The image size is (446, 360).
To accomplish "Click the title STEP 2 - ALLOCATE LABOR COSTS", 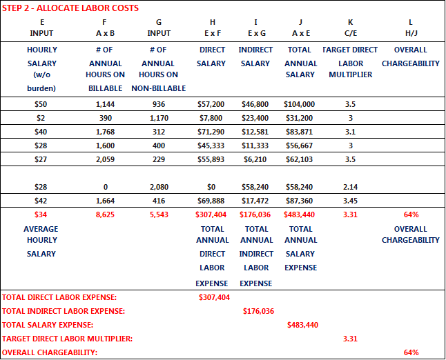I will pyautogui.click(x=70, y=8).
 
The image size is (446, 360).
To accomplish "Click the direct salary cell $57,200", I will pyautogui.click(x=211, y=104).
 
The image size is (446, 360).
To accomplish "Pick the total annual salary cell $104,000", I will pyautogui.click(x=299, y=104).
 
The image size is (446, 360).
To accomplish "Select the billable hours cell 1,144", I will pyautogui.click(x=106, y=104).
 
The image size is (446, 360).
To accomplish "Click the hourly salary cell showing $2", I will pyautogui.click(x=41, y=118).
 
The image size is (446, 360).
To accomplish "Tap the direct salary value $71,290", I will pyautogui.click(x=211, y=132).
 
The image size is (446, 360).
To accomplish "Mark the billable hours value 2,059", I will pyautogui.click(x=106, y=159).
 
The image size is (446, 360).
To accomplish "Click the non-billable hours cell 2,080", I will pyautogui.click(x=159, y=187).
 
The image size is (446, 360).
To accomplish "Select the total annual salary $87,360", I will pyautogui.click(x=299, y=201).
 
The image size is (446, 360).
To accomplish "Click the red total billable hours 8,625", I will pyautogui.click(x=106, y=214).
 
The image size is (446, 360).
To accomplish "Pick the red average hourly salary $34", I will pyautogui.click(x=41, y=214).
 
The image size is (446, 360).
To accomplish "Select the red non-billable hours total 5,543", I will pyautogui.click(x=159, y=214).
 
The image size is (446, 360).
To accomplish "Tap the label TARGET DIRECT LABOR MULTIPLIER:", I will pyautogui.click(x=67, y=339).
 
